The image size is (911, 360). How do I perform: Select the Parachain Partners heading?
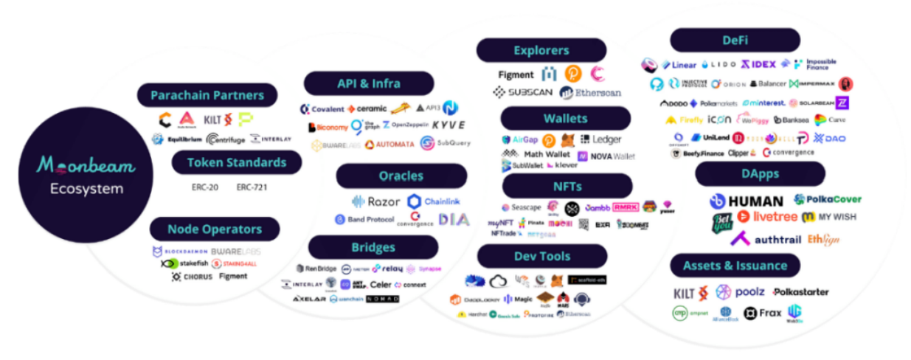[x=207, y=95]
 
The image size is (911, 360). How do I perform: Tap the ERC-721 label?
[x=252, y=187]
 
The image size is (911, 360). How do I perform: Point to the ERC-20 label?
[x=204, y=187]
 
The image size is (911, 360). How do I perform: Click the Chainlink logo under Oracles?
[x=434, y=201]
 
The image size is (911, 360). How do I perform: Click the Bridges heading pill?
[x=373, y=247]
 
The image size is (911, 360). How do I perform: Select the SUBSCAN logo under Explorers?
[x=522, y=93]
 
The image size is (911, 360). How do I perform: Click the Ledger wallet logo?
[x=601, y=139]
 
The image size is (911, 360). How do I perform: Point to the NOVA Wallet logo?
[x=606, y=156]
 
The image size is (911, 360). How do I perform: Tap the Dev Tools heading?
[x=542, y=256]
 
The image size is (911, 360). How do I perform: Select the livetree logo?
[x=766, y=217]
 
